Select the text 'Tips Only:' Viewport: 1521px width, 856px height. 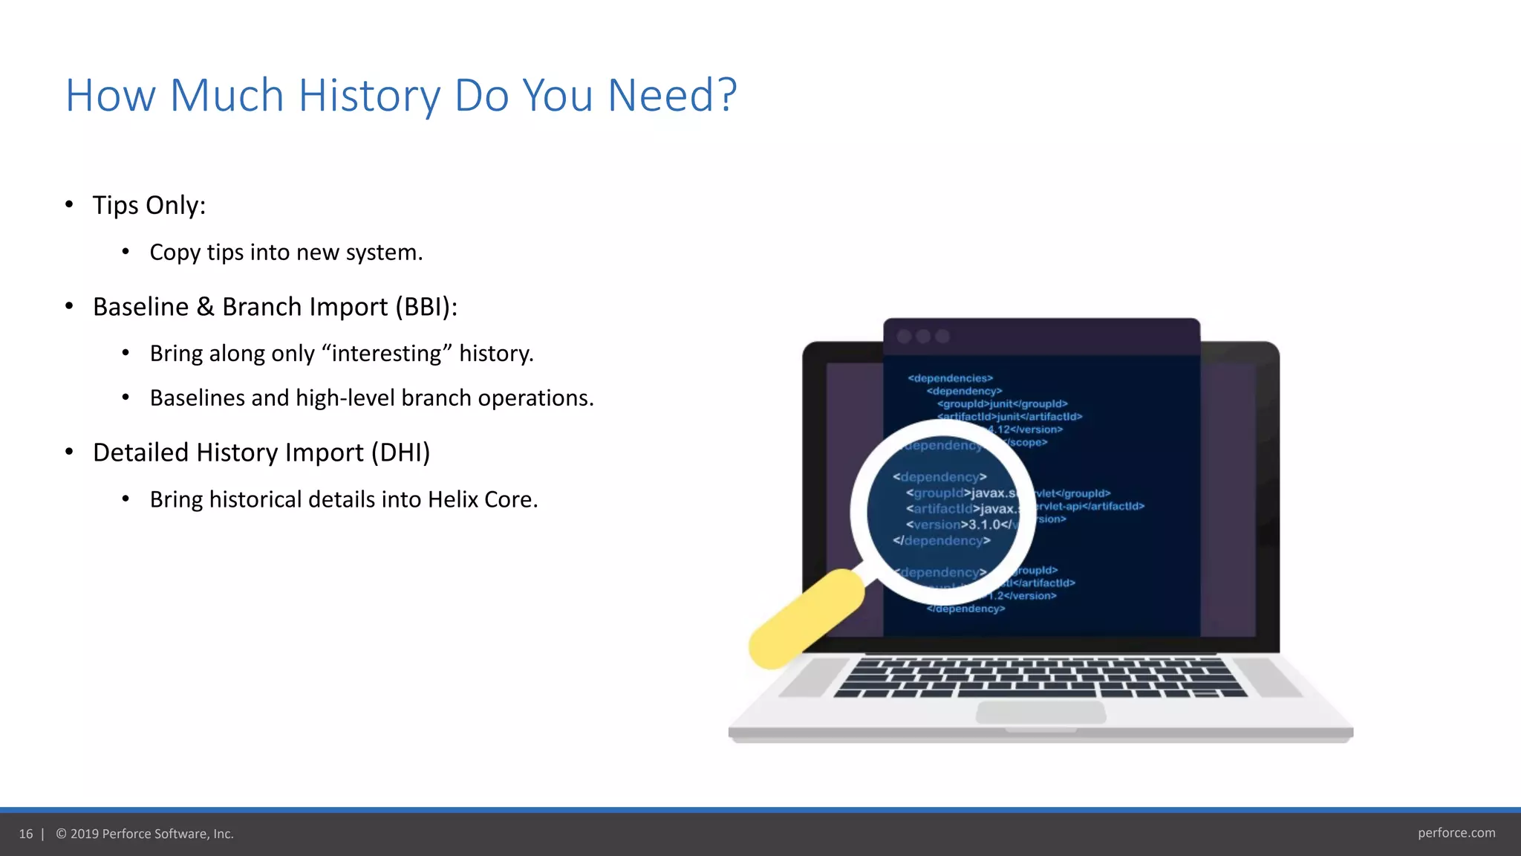pos(149,205)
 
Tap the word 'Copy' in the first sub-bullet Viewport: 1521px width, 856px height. pos(175,253)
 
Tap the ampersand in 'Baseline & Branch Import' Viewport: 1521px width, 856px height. pos(206,307)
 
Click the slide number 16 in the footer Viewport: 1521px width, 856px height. pos(26,834)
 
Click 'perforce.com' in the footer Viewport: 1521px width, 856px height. pos(1456,833)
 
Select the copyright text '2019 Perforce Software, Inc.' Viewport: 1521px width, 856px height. pos(152,834)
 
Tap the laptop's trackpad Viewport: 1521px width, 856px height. pos(1040,712)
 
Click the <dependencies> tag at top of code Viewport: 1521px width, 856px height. pos(950,378)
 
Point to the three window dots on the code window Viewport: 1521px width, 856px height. pos(923,337)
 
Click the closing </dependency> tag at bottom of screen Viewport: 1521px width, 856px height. pos(965,609)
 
